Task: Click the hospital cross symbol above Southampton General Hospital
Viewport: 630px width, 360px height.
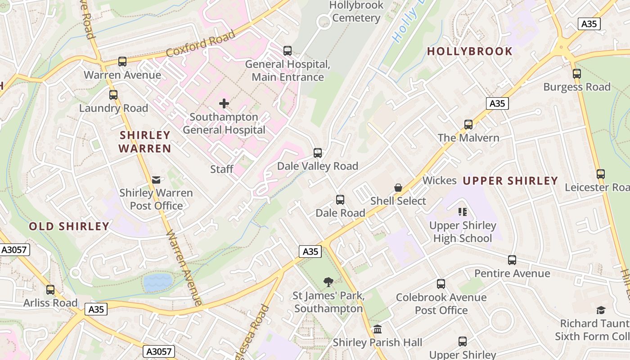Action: point(224,104)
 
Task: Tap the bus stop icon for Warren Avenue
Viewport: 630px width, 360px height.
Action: point(122,62)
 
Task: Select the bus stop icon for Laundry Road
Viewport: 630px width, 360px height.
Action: point(113,95)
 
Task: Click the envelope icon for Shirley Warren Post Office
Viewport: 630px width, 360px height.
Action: point(156,180)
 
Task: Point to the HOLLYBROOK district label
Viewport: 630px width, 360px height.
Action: point(470,51)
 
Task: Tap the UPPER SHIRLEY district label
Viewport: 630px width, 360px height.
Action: point(510,181)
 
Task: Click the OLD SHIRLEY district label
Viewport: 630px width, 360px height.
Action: point(69,226)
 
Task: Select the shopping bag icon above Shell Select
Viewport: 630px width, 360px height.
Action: point(398,188)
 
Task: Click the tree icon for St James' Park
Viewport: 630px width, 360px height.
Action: point(328,282)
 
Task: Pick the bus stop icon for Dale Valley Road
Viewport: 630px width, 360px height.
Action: point(318,153)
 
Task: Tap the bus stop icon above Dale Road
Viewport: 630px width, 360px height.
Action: point(340,200)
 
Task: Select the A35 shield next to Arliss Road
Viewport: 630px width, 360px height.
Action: point(96,309)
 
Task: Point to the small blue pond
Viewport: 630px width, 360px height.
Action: point(157,282)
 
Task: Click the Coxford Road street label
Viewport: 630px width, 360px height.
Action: point(201,44)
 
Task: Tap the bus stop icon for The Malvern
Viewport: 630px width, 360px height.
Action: point(468,125)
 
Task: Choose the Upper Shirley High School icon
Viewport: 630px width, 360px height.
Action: point(463,212)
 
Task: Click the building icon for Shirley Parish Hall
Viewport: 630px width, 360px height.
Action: point(378,329)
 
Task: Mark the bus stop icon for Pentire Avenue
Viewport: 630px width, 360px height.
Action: point(512,260)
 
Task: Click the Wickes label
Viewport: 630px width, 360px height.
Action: point(439,181)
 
